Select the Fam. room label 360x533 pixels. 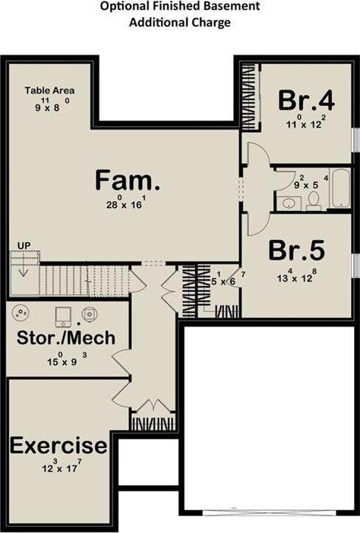click(x=128, y=181)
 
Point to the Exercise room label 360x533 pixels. click(x=58, y=446)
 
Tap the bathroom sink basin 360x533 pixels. click(x=287, y=203)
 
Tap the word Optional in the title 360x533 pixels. click(x=130, y=7)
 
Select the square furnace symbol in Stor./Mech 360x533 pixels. click(x=63, y=313)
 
